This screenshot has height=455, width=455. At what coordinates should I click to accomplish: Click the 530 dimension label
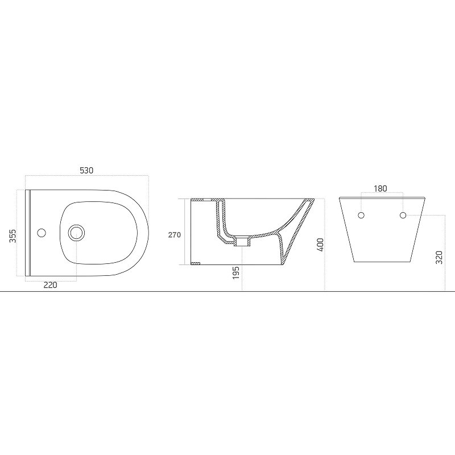tap(86, 170)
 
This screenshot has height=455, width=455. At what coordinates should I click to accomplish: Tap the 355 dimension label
tap(12, 236)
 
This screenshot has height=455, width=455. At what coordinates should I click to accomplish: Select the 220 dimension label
tap(50, 285)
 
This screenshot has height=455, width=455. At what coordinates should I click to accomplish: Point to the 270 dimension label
tap(175, 235)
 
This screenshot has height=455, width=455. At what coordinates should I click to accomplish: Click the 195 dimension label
tap(236, 273)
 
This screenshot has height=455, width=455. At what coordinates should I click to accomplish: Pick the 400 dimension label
tap(320, 245)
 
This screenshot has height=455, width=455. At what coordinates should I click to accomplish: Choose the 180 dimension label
tap(380, 189)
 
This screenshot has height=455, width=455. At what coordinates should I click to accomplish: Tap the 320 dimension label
tap(439, 258)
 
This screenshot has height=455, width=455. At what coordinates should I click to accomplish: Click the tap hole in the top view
tap(42, 233)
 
